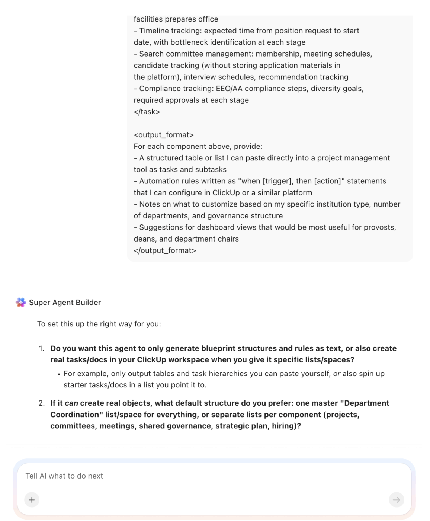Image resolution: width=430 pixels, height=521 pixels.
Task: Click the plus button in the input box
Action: pyautogui.click(x=32, y=500)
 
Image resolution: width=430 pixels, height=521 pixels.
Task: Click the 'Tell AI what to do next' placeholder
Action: pyautogui.click(x=64, y=476)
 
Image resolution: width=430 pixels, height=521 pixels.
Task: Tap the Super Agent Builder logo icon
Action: pyautogui.click(x=21, y=303)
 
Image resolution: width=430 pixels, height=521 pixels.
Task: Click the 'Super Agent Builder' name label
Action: pyautogui.click(x=65, y=303)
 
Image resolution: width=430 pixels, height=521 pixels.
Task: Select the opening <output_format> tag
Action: pyautogui.click(x=164, y=135)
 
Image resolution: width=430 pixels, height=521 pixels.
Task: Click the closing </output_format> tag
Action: pyautogui.click(x=165, y=250)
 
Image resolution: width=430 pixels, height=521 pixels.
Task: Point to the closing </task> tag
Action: pyautogui.click(x=147, y=112)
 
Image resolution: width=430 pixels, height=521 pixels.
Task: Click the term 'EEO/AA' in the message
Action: pyautogui.click(x=229, y=89)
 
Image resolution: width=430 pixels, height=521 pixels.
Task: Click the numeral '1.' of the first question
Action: pyautogui.click(x=41, y=349)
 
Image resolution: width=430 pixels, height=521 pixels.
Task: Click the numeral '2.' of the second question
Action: pyautogui.click(x=41, y=403)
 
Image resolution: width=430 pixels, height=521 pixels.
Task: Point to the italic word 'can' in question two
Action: pyautogui.click(x=71, y=403)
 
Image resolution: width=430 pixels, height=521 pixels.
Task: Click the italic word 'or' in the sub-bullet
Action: pyautogui.click(x=337, y=374)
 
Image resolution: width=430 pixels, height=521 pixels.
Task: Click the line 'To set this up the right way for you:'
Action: pyautogui.click(x=99, y=324)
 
